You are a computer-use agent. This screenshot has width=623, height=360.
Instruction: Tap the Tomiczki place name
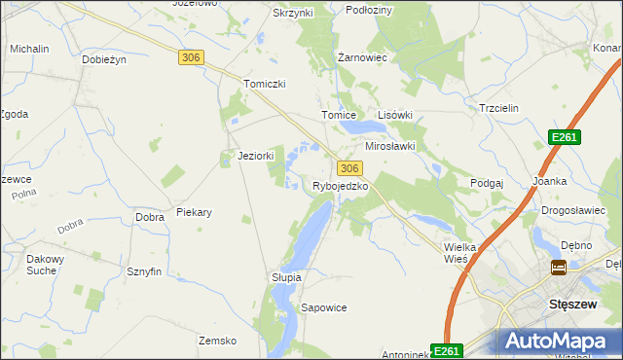(x=265, y=84)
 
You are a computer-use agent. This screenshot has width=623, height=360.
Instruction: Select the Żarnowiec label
(x=362, y=57)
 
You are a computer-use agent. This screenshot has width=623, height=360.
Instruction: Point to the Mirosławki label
(x=390, y=146)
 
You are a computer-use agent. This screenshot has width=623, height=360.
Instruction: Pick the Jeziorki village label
(x=257, y=156)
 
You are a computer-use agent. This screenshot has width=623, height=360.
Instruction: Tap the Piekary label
(x=195, y=211)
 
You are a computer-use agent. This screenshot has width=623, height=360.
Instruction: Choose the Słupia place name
(x=286, y=277)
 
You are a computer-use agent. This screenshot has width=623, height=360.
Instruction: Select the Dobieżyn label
(x=105, y=59)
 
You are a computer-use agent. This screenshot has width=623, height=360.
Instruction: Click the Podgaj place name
(x=487, y=183)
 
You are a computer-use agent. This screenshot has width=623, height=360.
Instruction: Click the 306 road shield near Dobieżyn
(x=191, y=58)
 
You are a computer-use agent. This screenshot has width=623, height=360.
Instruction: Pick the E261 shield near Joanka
(x=564, y=138)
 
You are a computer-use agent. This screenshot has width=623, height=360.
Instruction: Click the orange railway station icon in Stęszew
(x=559, y=268)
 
